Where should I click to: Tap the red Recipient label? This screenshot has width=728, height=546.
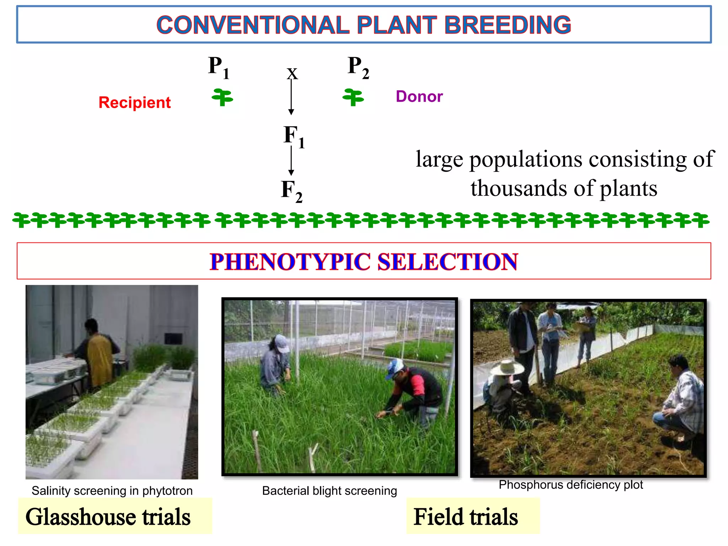click(x=134, y=102)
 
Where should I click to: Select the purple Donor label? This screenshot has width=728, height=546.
click(x=419, y=96)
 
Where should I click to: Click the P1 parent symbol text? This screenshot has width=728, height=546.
click(x=218, y=68)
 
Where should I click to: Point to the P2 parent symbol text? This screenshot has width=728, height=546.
click(x=358, y=68)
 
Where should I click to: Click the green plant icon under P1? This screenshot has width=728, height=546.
click(x=223, y=97)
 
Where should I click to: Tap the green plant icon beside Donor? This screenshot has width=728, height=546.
click(x=353, y=97)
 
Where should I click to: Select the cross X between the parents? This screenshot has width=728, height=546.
click(x=292, y=74)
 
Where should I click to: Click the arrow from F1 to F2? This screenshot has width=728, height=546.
click(x=291, y=161)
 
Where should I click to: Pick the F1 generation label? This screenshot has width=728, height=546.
click(x=294, y=136)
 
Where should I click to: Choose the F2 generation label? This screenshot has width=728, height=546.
click(x=291, y=191)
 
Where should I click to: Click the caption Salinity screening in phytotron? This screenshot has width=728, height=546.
click(x=112, y=491)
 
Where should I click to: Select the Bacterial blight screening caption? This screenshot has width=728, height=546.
click(x=329, y=491)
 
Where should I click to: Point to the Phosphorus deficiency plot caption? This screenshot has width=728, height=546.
click(x=571, y=485)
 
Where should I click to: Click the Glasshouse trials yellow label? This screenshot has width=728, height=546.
click(x=108, y=516)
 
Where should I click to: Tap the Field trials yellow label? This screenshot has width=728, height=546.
click(x=466, y=516)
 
